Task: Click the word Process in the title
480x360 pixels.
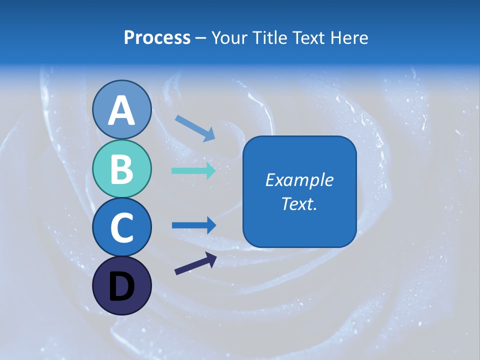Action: (157, 37)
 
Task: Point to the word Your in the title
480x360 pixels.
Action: (229, 37)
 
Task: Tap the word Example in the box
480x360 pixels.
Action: (299, 180)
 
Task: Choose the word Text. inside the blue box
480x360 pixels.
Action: (299, 204)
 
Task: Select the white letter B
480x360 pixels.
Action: (121, 169)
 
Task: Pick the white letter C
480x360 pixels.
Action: (121, 227)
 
